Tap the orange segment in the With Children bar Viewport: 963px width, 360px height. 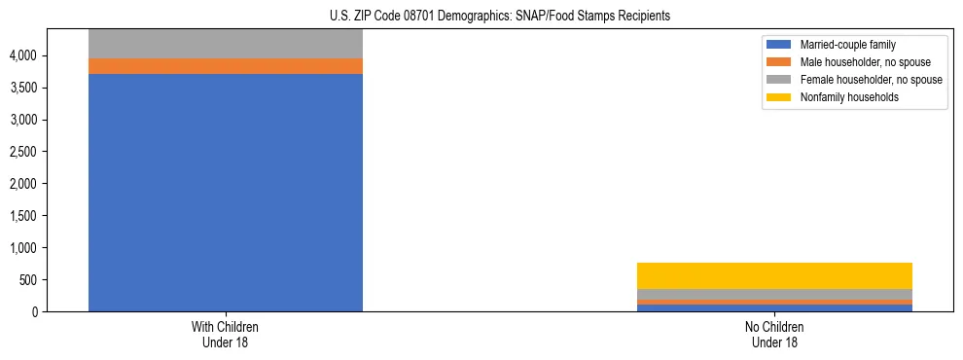[x=226, y=66]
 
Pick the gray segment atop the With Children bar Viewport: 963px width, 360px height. [x=226, y=44]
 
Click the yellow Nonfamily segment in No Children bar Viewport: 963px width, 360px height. [x=774, y=275]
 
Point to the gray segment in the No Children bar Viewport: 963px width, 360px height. [x=774, y=294]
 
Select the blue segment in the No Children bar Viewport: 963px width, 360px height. [x=774, y=307]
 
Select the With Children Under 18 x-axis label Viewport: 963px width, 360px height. [x=226, y=335]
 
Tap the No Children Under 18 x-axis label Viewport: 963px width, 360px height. [x=774, y=335]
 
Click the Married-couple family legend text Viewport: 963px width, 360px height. [x=847, y=45]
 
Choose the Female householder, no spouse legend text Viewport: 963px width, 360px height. [x=871, y=80]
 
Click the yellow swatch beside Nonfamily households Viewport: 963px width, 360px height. [x=780, y=97]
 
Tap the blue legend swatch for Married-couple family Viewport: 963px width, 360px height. [x=780, y=45]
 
